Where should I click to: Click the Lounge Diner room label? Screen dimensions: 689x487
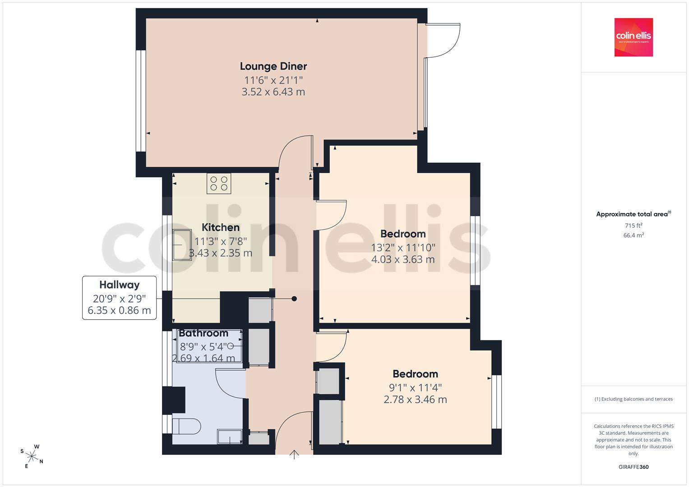pyautogui.click(x=273, y=66)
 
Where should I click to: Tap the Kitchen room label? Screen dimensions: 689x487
pyautogui.click(x=221, y=228)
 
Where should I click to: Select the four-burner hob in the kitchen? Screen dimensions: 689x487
pyautogui.click(x=219, y=184)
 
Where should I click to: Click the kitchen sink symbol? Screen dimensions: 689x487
pyautogui.click(x=182, y=245)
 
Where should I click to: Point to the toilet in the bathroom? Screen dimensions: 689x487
pyautogui.click(x=186, y=426)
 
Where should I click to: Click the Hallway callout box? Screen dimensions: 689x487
pyautogui.click(x=119, y=298)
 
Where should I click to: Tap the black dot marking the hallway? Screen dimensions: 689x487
pyautogui.click(x=294, y=299)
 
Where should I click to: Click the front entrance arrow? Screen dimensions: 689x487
pyautogui.click(x=294, y=455)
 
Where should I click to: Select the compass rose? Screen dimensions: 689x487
pyautogui.click(x=32, y=456)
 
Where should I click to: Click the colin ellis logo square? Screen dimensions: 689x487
pyautogui.click(x=634, y=37)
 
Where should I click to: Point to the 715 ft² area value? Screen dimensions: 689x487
pyautogui.click(x=634, y=225)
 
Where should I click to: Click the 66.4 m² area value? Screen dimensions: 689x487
pyautogui.click(x=634, y=235)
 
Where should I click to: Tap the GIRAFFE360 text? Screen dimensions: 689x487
pyautogui.click(x=634, y=467)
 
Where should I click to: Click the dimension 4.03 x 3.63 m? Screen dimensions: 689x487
pyautogui.click(x=403, y=259)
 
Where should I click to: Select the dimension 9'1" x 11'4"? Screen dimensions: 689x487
pyautogui.click(x=415, y=388)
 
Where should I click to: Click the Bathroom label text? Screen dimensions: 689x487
pyautogui.click(x=203, y=333)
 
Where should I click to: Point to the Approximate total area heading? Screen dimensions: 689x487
pyautogui.click(x=634, y=214)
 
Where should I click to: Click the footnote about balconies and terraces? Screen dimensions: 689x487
pyautogui.click(x=634, y=399)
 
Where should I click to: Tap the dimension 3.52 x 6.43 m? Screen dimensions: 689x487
pyautogui.click(x=273, y=92)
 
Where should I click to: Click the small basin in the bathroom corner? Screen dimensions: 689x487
pyautogui.click(x=230, y=436)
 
